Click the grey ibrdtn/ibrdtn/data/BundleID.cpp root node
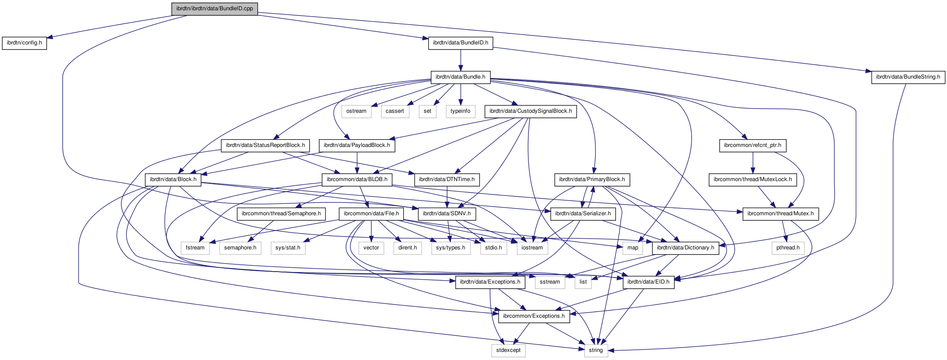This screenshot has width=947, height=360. pyautogui.click(x=214, y=9)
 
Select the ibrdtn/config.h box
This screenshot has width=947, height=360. pyautogui.click(x=24, y=43)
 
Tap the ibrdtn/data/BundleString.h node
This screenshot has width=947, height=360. pyautogui.click(x=908, y=77)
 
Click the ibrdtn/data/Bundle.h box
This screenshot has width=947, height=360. pyautogui.click(x=460, y=77)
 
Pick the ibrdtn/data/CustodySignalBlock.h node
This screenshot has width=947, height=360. pyautogui.click(x=530, y=111)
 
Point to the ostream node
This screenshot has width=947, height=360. pyautogui.click(x=356, y=111)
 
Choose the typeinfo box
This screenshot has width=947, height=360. pyautogui.click(x=460, y=111)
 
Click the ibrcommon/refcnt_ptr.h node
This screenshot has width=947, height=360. pyautogui.click(x=752, y=145)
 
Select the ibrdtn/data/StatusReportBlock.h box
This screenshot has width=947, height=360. pyautogui.click(x=265, y=145)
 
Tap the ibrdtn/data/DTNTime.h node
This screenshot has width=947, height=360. pyautogui.click(x=446, y=179)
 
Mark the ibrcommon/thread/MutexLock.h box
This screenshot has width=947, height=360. pyautogui.click(x=753, y=179)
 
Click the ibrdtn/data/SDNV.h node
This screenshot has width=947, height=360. pyautogui.click(x=446, y=214)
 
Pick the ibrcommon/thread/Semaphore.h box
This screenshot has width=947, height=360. pyautogui.click(x=281, y=214)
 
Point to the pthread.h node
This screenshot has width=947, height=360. pyautogui.click(x=788, y=248)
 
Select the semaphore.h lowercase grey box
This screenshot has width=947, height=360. pyautogui.click(x=240, y=248)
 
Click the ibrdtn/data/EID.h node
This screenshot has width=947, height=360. pyautogui.click(x=648, y=282)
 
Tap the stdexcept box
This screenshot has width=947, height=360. pyautogui.click(x=508, y=350)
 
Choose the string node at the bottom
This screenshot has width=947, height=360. pyautogui.click(x=595, y=350)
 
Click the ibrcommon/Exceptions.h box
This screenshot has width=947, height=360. pyautogui.click(x=534, y=316)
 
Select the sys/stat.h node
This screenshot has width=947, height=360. pyautogui.click(x=287, y=248)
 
